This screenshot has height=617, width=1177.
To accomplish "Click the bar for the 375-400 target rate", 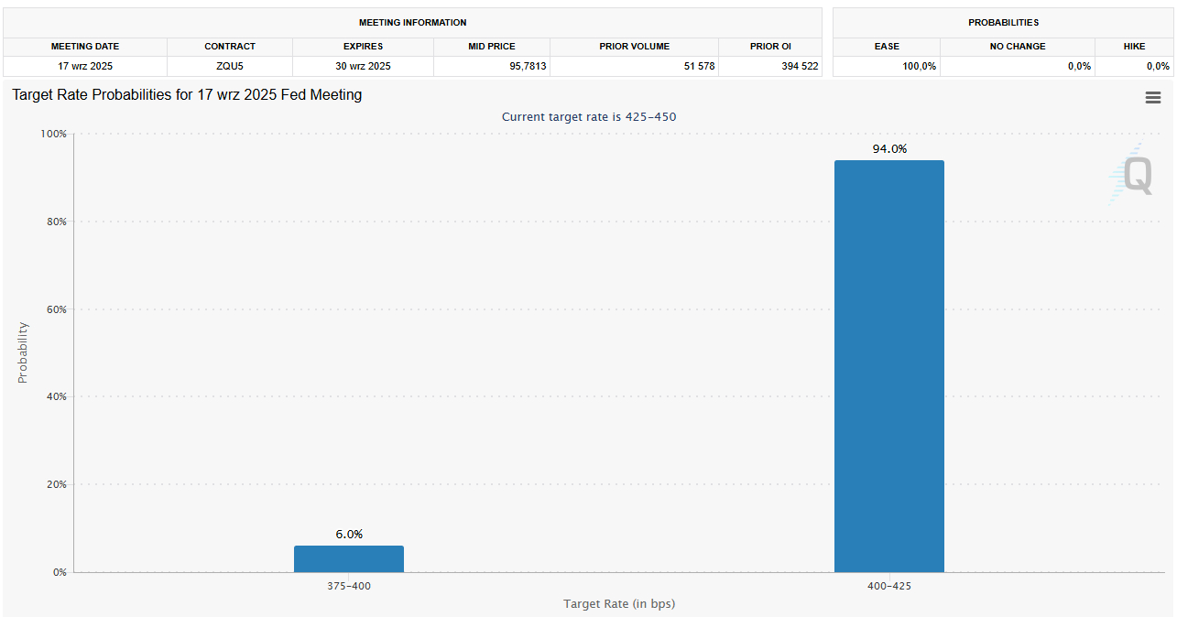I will coord(348,558).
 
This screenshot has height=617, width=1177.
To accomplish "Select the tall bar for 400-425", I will coord(888,366).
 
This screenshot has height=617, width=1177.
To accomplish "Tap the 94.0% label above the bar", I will coord(888,149).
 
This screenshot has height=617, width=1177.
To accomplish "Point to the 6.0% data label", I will coord(349,534).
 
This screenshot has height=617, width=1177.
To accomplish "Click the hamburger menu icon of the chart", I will coord(1153,98).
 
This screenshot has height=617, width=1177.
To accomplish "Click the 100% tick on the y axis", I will coord(54,134).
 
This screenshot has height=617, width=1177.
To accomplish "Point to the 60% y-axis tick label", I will coord(56,309).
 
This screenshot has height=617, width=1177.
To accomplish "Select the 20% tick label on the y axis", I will coord(56,484).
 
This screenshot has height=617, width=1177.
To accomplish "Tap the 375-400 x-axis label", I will coord(349,586).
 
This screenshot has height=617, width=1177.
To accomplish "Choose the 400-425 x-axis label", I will coord(888,586).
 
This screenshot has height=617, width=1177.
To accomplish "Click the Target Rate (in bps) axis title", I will coord(619,603).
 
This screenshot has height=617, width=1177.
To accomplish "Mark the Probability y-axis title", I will coord(24,352).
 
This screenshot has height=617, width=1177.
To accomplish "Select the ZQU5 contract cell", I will coord(230,66).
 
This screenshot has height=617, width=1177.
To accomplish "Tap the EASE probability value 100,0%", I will coord(919,66).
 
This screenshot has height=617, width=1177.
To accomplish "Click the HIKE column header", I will coord(1134,47).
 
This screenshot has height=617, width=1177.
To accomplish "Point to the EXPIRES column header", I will coord(363,47).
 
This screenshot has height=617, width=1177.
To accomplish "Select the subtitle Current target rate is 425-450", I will coord(589,117).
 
